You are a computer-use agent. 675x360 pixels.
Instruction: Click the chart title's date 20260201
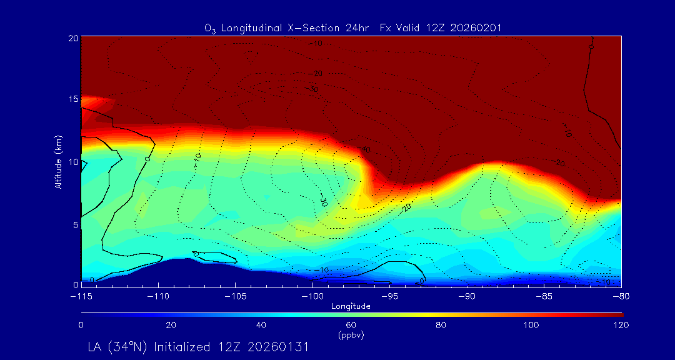[478, 28]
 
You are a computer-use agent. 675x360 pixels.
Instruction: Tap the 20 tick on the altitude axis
[73, 38]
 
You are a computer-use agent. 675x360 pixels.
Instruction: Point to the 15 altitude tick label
[73, 100]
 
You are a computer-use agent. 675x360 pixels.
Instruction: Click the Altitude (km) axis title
[59, 161]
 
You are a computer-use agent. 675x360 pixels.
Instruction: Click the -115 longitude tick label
[81, 296]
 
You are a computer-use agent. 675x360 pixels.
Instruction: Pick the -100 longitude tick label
[312, 296]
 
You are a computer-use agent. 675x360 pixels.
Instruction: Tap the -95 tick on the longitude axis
[390, 296]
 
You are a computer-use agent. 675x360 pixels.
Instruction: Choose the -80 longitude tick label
[621, 296]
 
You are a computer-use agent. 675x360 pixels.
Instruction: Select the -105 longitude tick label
[236, 296]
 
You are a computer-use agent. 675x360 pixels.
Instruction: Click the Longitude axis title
[351, 306]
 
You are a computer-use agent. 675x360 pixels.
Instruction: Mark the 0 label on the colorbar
[81, 325]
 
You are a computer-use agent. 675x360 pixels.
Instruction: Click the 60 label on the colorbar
[351, 325]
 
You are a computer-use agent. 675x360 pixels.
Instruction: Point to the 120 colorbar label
[621, 325]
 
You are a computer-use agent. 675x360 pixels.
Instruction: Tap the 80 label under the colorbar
[441, 325]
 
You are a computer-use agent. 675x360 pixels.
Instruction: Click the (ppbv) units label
[351, 335]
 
